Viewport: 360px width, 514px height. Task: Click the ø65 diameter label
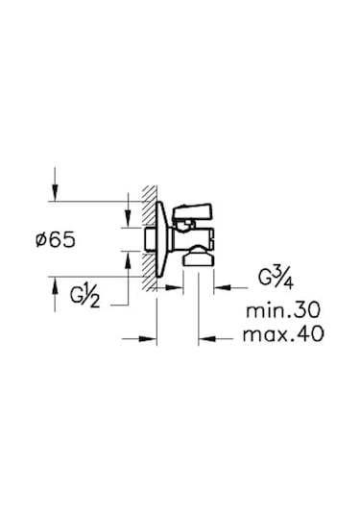[56, 240]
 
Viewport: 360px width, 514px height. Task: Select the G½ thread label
[84, 298]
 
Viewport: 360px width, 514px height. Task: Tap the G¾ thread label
[276, 279]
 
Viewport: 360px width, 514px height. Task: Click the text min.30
[283, 310]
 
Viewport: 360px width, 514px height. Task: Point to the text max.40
[283, 334]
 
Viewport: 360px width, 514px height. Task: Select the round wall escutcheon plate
[161, 239]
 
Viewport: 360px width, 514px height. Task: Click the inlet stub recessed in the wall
[151, 239]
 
